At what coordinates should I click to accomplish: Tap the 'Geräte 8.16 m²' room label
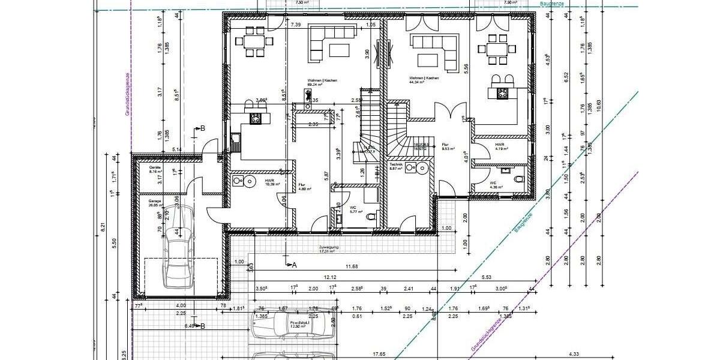[155, 170]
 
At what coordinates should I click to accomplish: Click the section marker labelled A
[293, 264]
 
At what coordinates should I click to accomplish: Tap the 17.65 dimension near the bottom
[379, 354]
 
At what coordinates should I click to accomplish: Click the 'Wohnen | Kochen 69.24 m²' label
[322, 83]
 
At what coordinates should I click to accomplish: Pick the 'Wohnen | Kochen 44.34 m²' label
[424, 80]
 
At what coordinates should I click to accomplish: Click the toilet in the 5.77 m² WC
[370, 217]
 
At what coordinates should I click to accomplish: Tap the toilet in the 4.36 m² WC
[518, 178]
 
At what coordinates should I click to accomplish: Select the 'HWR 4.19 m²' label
[500, 147]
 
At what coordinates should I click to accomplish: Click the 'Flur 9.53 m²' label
[447, 147]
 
